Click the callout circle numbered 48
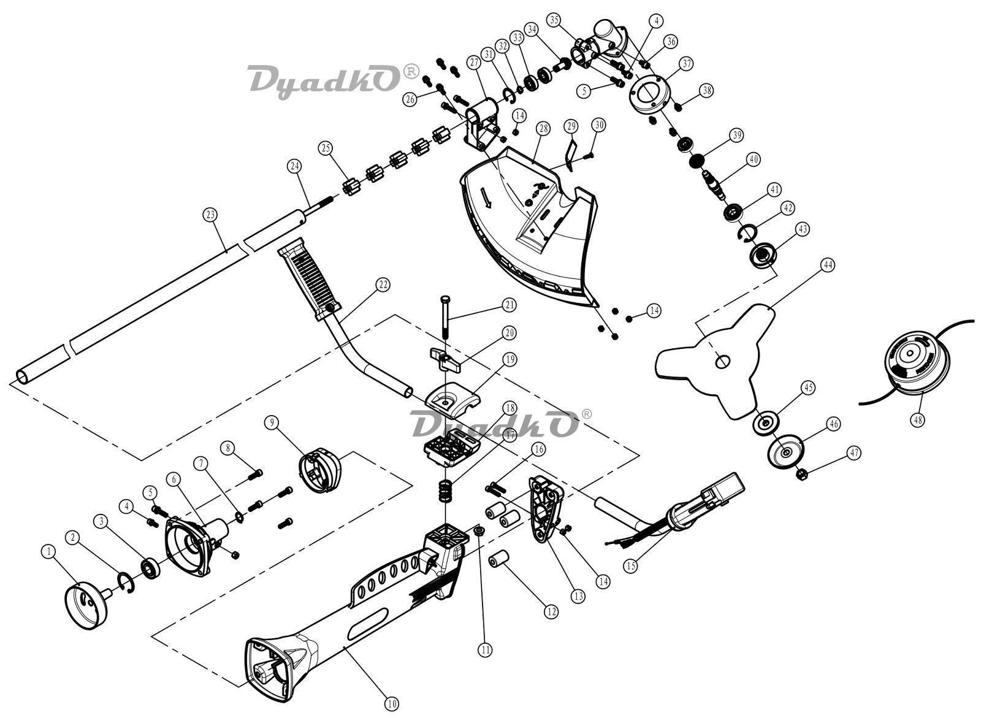click(x=918, y=419)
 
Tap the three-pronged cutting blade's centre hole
click(x=723, y=362)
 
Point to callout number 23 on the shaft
click(x=210, y=215)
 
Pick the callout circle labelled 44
click(x=828, y=265)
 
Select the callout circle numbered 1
click(x=48, y=552)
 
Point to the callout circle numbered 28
click(x=543, y=129)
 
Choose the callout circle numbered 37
click(x=687, y=64)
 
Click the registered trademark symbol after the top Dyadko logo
click(x=411, y=72)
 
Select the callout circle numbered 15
click(x=631, y=565)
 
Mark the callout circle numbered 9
click(x=272, y=422)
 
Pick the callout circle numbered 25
click(x=326, y=148)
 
